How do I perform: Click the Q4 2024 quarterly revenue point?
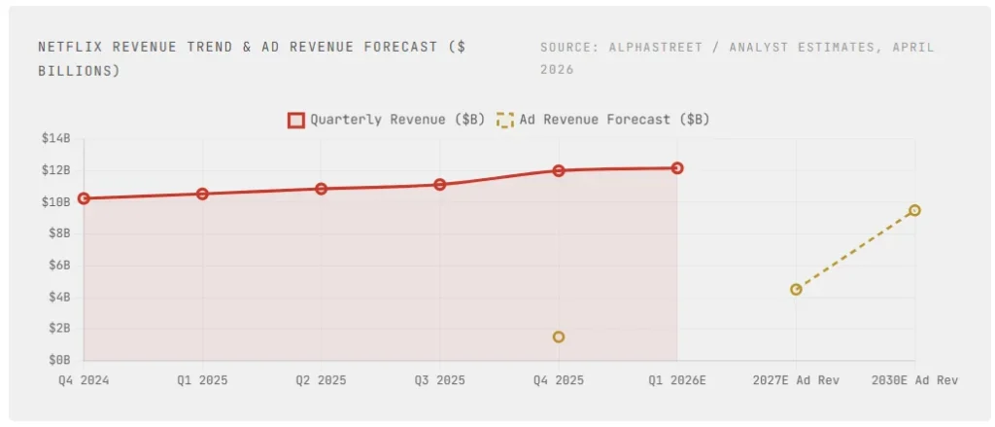tap(84, 198)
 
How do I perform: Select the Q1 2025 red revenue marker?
tap(202, 194)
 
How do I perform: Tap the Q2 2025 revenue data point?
tap(321, 189)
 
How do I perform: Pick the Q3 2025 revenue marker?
tap(440, 184)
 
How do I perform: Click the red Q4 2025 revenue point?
tap(559, 170)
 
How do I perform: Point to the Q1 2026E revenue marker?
tap(677, 168)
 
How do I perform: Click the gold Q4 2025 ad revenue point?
tap(559, 337)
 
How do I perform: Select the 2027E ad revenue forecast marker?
tap(796, 289)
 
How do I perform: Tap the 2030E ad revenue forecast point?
tap(914, 210)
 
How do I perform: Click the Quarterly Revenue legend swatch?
tap(296, 120)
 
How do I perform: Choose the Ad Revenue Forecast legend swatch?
tap(504, 120)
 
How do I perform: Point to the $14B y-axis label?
tap(55, 139)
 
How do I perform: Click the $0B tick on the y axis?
tap(58, 360)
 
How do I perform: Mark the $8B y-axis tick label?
tap(58, 233)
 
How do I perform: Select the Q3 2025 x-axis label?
tap(440, 379)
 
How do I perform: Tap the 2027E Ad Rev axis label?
tap(796, 379)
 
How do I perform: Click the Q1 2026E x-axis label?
tap(677, 379)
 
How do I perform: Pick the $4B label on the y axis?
tap(58, 297)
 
